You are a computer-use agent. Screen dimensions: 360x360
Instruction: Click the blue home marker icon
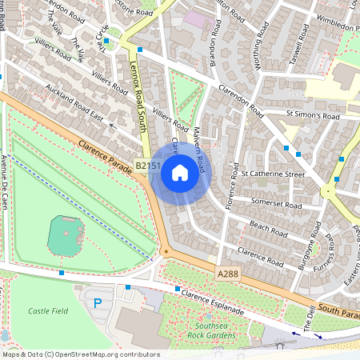pos(180,173)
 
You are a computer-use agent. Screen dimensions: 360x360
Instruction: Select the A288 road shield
pos(229,274)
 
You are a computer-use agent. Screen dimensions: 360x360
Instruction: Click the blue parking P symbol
pos(98,303)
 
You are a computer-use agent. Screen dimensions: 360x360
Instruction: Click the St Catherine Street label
pos(273,174)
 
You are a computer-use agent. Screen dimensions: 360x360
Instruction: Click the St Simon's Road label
pos(313,116)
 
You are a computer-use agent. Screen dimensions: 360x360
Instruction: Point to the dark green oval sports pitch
pos(66,234)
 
